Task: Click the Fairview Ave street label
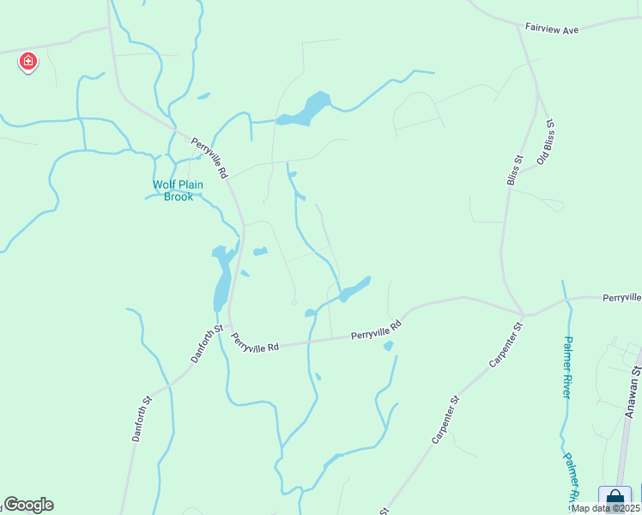tap(554, 29)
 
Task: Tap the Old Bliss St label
tap(546, 142)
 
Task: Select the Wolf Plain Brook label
tap(173, 191)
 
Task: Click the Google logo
tap(28, 505)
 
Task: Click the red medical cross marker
tap(27, 61)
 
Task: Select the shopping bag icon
tap(615, 499)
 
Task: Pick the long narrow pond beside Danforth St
tap(221, 279)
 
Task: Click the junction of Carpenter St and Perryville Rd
tap(521, 314)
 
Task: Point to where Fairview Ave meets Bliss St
tap(526, 27)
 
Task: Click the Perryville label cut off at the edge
tap(621, 297)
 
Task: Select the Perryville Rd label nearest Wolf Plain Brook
tap(209, 159)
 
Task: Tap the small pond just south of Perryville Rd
tap(388, 346)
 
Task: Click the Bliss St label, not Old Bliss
tap(513, 170)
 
